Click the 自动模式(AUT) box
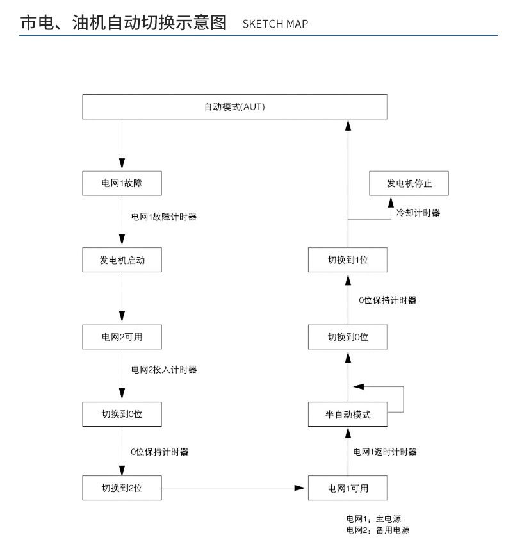pyautogui.click(x=235, y=106)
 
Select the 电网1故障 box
pyautogui.click(x=121, y=183)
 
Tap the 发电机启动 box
pyautogui.click(x=121, y=260)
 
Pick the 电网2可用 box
pyautogui.click(x=121, y=336)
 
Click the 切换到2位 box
pyautogui.click(x=121, y=489)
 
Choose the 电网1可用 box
pyautogui.click(x=348, y=489)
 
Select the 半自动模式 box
pyautogui.click(x=348, y=415)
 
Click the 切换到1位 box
pyautogui.click(x=348, y=260)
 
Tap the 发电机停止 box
pyautogui.click(x=409, y=183)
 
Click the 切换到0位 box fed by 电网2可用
pyautogui.click(x=121, y=415)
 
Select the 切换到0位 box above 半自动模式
pyautogui.click(x=348, y=336)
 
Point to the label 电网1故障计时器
pyautogui.click(x=163, y=217)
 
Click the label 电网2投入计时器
pyautogui.click(x=163, y=370)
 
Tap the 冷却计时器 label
pyautogui.click(x=418, y=213)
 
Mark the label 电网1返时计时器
pyautogui.click(x=385, y=452)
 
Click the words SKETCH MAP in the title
pyautogui.click(x=275, y=24)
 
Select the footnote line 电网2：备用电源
pyautogui.click(x=378, y=530)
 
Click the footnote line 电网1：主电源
pyautogui.click(x=374, y=520)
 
